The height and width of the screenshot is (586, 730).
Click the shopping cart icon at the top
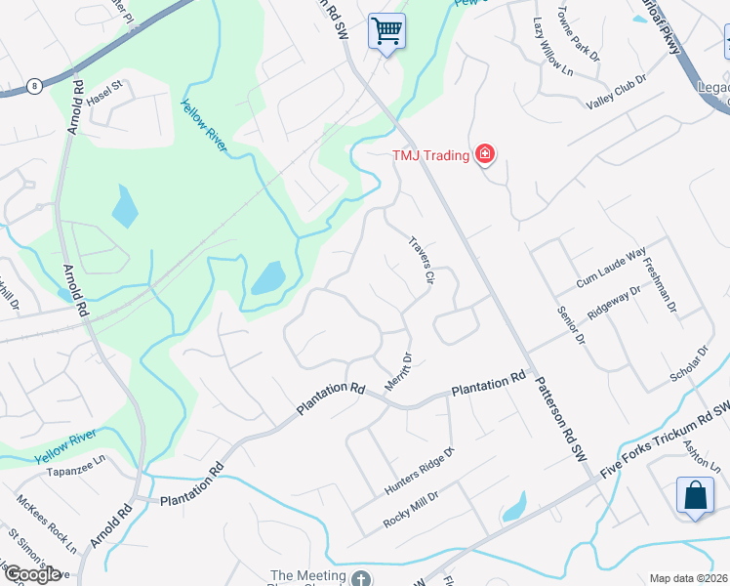pos(387,31)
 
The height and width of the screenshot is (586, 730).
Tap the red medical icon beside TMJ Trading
pos(483,155)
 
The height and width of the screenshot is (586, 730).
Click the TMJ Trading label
pos(431,155)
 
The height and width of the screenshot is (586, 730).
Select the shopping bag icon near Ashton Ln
pos(695,495)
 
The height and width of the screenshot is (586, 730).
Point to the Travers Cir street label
pos(421,260)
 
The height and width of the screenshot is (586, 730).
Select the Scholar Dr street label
pos(689,363)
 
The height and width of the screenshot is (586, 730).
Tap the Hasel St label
pos(102,93)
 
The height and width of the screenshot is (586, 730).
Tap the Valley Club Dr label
pos(616,94)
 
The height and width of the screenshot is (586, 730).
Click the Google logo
pos(32,573)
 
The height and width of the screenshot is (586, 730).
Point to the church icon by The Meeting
pos(361,577)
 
